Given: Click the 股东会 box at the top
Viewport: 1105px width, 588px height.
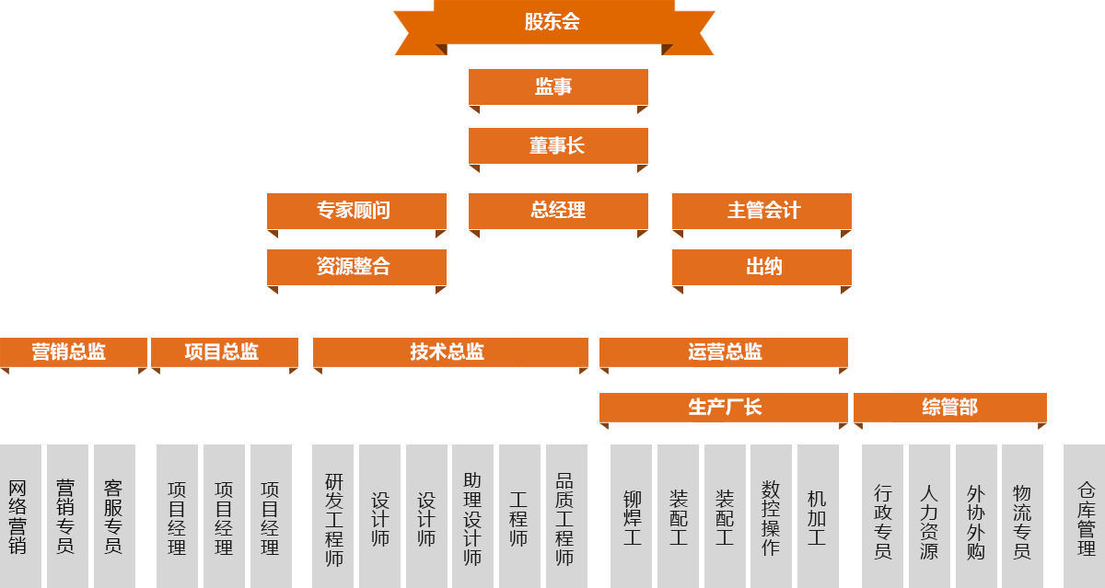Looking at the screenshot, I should (553, 23).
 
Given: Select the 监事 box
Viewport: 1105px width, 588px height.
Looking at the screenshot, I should (558, 86).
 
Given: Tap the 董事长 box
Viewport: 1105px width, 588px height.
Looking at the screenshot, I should (558, 145).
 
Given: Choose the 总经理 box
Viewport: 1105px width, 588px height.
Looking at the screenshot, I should (558, 211).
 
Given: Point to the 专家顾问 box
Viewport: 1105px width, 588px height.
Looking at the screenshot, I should (356, 211).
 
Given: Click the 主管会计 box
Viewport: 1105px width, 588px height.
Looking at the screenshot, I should (762, 211).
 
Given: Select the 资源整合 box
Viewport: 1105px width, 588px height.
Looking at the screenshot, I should (356, 267).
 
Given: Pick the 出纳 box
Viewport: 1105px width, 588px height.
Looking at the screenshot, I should (762, 267).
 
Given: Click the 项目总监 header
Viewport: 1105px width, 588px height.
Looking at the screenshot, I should (224, 352).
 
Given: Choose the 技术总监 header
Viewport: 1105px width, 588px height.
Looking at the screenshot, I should (450, 352).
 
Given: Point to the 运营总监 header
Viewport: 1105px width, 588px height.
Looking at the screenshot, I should (723, 352).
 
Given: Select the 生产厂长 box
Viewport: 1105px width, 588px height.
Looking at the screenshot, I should (723, 408).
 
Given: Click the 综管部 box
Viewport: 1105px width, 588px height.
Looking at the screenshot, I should (949, 408).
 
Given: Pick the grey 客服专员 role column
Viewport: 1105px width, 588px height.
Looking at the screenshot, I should (114, 515).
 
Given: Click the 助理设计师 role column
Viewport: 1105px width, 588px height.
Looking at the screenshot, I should (472, 515).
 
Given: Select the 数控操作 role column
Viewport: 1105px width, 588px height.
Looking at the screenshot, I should (771, 515).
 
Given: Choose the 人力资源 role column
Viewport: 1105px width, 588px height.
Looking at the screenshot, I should (929, 515).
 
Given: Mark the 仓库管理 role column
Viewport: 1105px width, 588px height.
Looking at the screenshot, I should (1085, 515).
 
